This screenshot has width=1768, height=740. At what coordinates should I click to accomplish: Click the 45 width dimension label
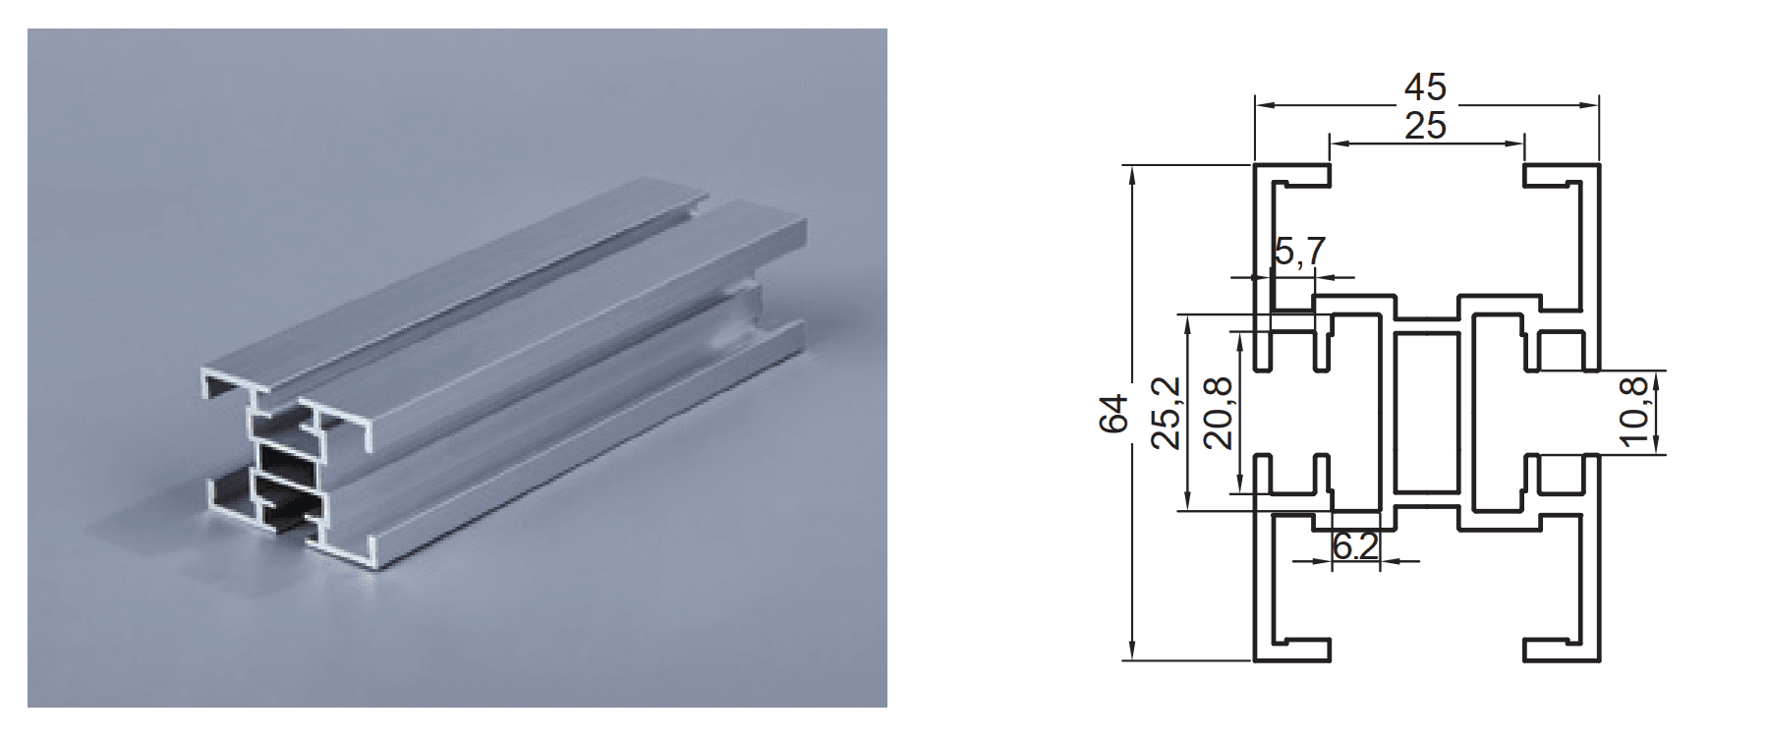(1425, 88)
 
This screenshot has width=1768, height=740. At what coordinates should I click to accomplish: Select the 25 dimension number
(1425, 127)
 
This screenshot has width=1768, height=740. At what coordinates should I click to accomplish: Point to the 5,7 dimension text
(1299, 253)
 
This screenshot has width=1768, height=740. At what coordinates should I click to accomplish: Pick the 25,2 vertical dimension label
(1167, 413)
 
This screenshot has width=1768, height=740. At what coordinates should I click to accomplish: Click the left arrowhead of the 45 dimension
(1263, 103)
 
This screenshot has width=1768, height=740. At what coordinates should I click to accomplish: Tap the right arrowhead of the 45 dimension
(1589, 103)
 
